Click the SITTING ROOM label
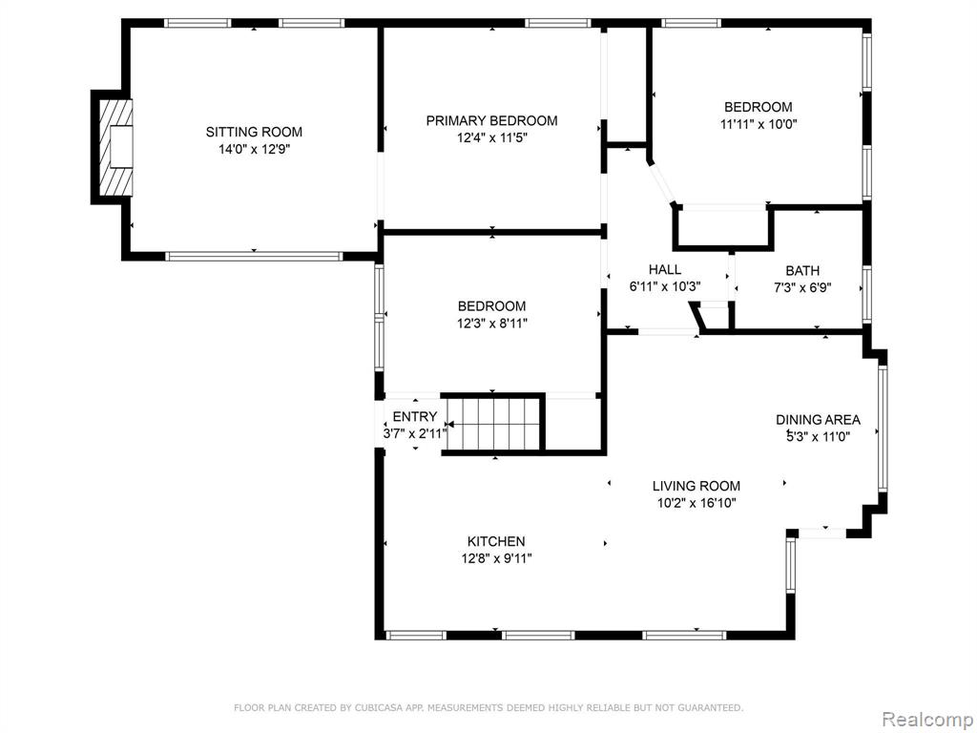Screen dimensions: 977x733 (x=254, y=132)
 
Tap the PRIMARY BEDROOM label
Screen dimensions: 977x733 (x=491, y=121)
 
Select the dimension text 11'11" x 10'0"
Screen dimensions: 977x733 (x=759, y=124)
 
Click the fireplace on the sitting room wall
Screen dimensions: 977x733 (x=115, y=147)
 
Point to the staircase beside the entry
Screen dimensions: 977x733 (x=493, y=424)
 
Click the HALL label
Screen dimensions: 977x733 (x=665, y=270)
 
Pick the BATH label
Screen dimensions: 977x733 (x=802, y=271)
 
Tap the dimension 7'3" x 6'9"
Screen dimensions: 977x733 (x=802, y=288)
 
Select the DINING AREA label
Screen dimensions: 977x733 (x=818, y=420)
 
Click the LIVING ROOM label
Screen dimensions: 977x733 (x=696, y=486)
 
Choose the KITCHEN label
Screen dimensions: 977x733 (x=496, y=542)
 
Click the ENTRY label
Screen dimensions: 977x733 (x=415, y=417)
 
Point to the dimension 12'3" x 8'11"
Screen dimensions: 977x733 (x=492, y=323)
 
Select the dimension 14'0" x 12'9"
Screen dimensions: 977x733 (x=254, y=149)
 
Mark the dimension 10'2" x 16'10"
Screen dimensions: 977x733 (x=696, y=503)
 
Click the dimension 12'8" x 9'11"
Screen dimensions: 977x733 (x=496, y=558)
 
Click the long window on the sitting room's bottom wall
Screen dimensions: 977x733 (x=254, y=256)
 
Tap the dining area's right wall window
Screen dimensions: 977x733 (x=883, y=429)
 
